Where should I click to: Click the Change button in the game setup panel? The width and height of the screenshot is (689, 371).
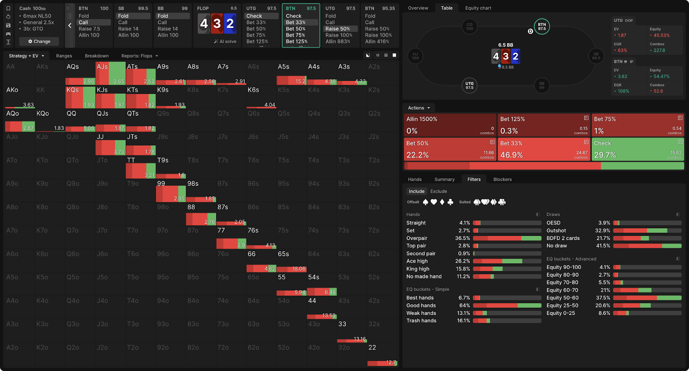(x=39, y=41)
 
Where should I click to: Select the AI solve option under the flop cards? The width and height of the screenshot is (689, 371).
(x=225, y=41)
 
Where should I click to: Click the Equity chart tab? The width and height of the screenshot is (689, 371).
(x=478, y=8)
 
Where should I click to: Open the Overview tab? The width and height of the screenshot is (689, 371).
(x=418, y=8)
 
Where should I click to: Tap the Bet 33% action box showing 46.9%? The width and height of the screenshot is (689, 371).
(x=544, y=149)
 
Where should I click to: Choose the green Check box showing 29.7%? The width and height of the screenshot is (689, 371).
(x=638, y=149)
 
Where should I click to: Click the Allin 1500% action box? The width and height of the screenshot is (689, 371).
(x=450, y=125)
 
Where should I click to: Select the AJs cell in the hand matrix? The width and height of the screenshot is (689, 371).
(x=110, y=73)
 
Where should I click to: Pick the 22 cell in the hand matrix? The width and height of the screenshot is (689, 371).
(x=382, y=355)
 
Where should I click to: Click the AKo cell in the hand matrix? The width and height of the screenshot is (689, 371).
(x=20, y=97)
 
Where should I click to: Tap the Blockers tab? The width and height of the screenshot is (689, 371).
(x=503, y=179)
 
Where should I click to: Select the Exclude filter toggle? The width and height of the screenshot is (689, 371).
(x=438, y=192)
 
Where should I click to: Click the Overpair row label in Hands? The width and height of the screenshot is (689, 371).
(x=417, y=238)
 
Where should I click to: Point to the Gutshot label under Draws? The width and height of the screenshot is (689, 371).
(x=556, y=231)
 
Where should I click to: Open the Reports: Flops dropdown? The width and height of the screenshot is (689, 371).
(x=140, y=56)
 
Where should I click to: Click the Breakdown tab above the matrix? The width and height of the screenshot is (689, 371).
(x=96, y=56)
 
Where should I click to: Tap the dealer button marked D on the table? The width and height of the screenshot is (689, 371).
(x=531, y=31)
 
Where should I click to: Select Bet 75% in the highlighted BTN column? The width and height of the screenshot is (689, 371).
(x=295, y=35)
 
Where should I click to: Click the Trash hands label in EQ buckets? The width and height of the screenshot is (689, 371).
(x=421, y=321)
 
